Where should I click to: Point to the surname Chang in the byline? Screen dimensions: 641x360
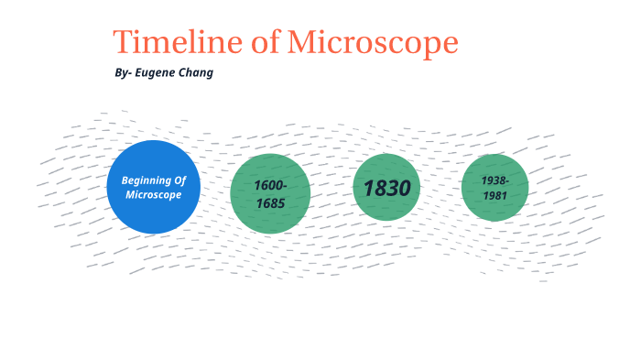point(198,72)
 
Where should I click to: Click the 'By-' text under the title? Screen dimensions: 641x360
point(124,72)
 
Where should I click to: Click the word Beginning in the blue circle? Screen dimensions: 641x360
point(147,180)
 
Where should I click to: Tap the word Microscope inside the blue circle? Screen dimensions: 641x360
point(154,195)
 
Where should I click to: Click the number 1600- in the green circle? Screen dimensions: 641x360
point(271,186)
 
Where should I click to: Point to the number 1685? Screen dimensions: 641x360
point(271,202)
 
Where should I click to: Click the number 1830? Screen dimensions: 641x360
point(386,188)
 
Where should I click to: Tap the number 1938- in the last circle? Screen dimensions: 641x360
point(495,180)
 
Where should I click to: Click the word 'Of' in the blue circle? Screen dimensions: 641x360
point(181,180)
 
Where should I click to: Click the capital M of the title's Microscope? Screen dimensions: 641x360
point(302,42)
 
